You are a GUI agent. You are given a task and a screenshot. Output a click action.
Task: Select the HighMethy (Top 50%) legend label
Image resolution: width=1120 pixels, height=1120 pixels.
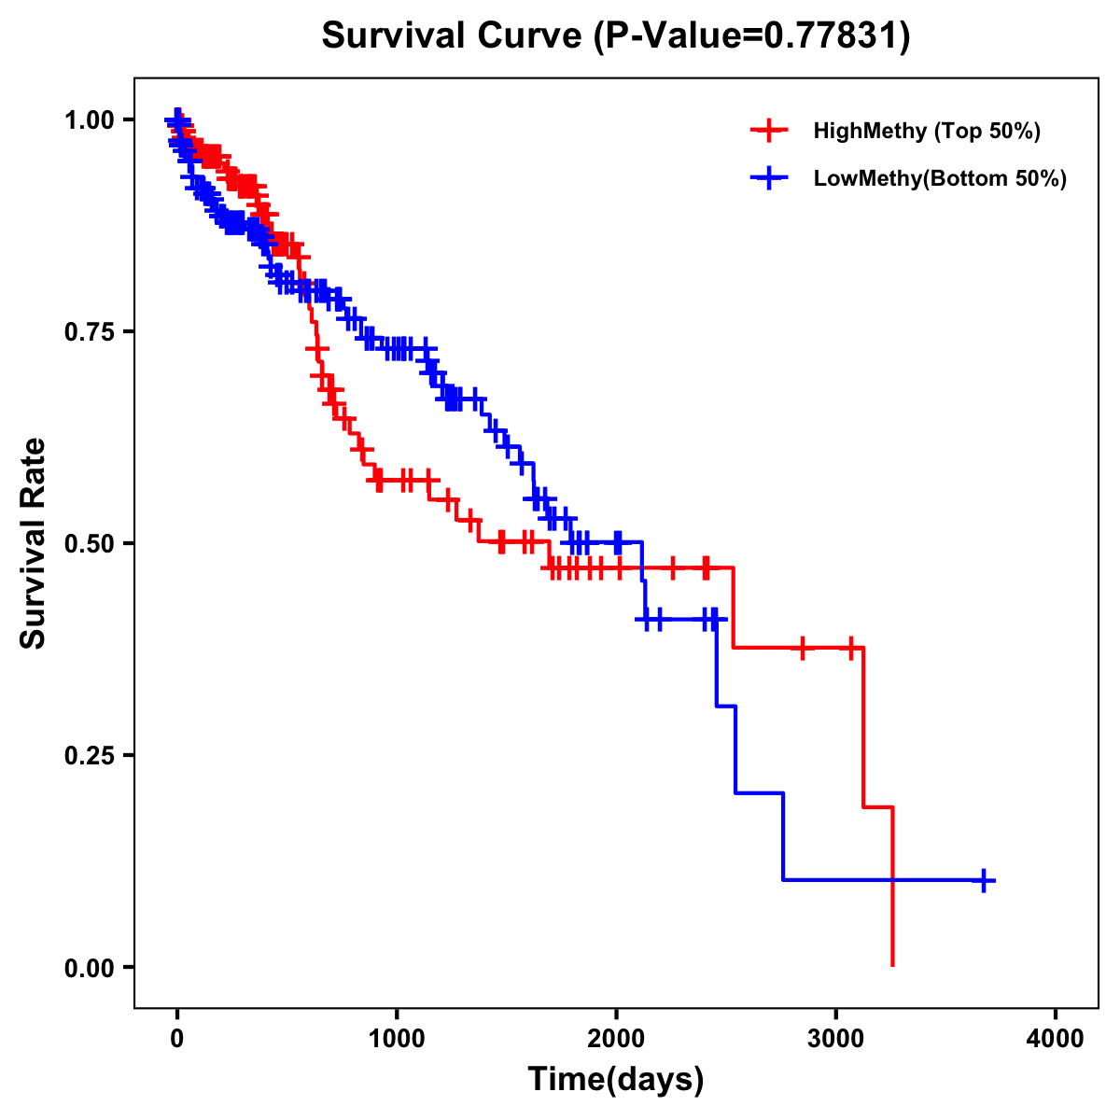pyautogui.click(x=927, y=131)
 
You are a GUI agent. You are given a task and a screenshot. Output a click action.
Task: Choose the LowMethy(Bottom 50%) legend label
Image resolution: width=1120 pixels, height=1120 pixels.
pyautogui.click(x=940, y=178)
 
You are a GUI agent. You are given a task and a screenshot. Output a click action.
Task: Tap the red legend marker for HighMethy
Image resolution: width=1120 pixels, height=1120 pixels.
pyautogui.click(x=769, y=131)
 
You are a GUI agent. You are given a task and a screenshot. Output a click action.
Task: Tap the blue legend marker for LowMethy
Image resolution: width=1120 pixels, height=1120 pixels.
pyautogui.click(x=769, y=178)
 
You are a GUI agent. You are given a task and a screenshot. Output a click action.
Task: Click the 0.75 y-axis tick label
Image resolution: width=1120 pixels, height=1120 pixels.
pyautogui.click(x=89, y=331)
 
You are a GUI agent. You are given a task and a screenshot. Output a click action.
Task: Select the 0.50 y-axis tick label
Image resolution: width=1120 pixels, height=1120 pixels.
pyautogui.click(x=89, y=543)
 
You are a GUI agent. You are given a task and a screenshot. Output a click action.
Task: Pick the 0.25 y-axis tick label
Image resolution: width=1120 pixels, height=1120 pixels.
pyautogui.click(x=89, y=755)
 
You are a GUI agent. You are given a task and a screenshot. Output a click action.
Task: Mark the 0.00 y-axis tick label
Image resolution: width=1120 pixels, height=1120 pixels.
pyautogui.click(x=89, y=967)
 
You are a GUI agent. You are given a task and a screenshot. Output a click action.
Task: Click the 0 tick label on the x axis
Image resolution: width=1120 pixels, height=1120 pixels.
pyautogui.click(x=177, y=1039)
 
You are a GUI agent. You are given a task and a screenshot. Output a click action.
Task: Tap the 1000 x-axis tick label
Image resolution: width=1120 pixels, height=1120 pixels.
pyautogui.click(x=397, y=1039)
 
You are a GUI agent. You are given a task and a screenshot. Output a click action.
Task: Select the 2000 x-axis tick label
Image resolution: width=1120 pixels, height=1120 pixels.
pyautogui.click(x=616, y=1039)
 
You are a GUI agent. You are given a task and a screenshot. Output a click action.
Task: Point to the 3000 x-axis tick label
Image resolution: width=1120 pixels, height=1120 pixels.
pyautogui.click(x=836, y=1039)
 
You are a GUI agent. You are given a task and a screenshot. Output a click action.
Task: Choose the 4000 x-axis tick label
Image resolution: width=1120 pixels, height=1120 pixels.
pyautogui.click(x=1056, y=1039)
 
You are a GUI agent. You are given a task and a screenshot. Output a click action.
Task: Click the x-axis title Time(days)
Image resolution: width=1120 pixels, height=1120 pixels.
pyautogui.click(x=616, y=1080)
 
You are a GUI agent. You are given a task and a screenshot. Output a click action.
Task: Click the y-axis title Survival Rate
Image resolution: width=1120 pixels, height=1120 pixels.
pyautogui.click(x=34, y=543)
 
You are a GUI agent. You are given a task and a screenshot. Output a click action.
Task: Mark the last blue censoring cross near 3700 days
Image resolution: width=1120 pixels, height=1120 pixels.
pyautogui.click(x=984, y=880)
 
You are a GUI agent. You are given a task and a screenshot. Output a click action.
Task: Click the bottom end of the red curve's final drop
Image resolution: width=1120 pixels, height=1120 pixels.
pyautogui.click(x=893, y=965)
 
